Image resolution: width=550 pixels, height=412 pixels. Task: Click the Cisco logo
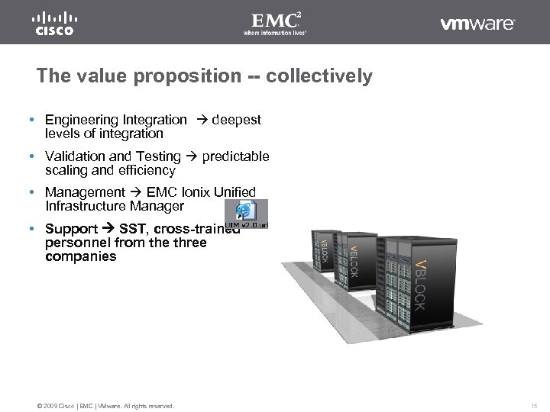pos(53,24)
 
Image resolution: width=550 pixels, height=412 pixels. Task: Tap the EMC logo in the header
pos(274,23)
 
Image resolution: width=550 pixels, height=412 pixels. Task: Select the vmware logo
pos(477,24)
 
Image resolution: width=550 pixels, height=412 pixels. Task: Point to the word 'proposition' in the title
pos(179,77)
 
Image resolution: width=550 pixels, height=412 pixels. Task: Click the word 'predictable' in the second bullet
pos(235,156)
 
